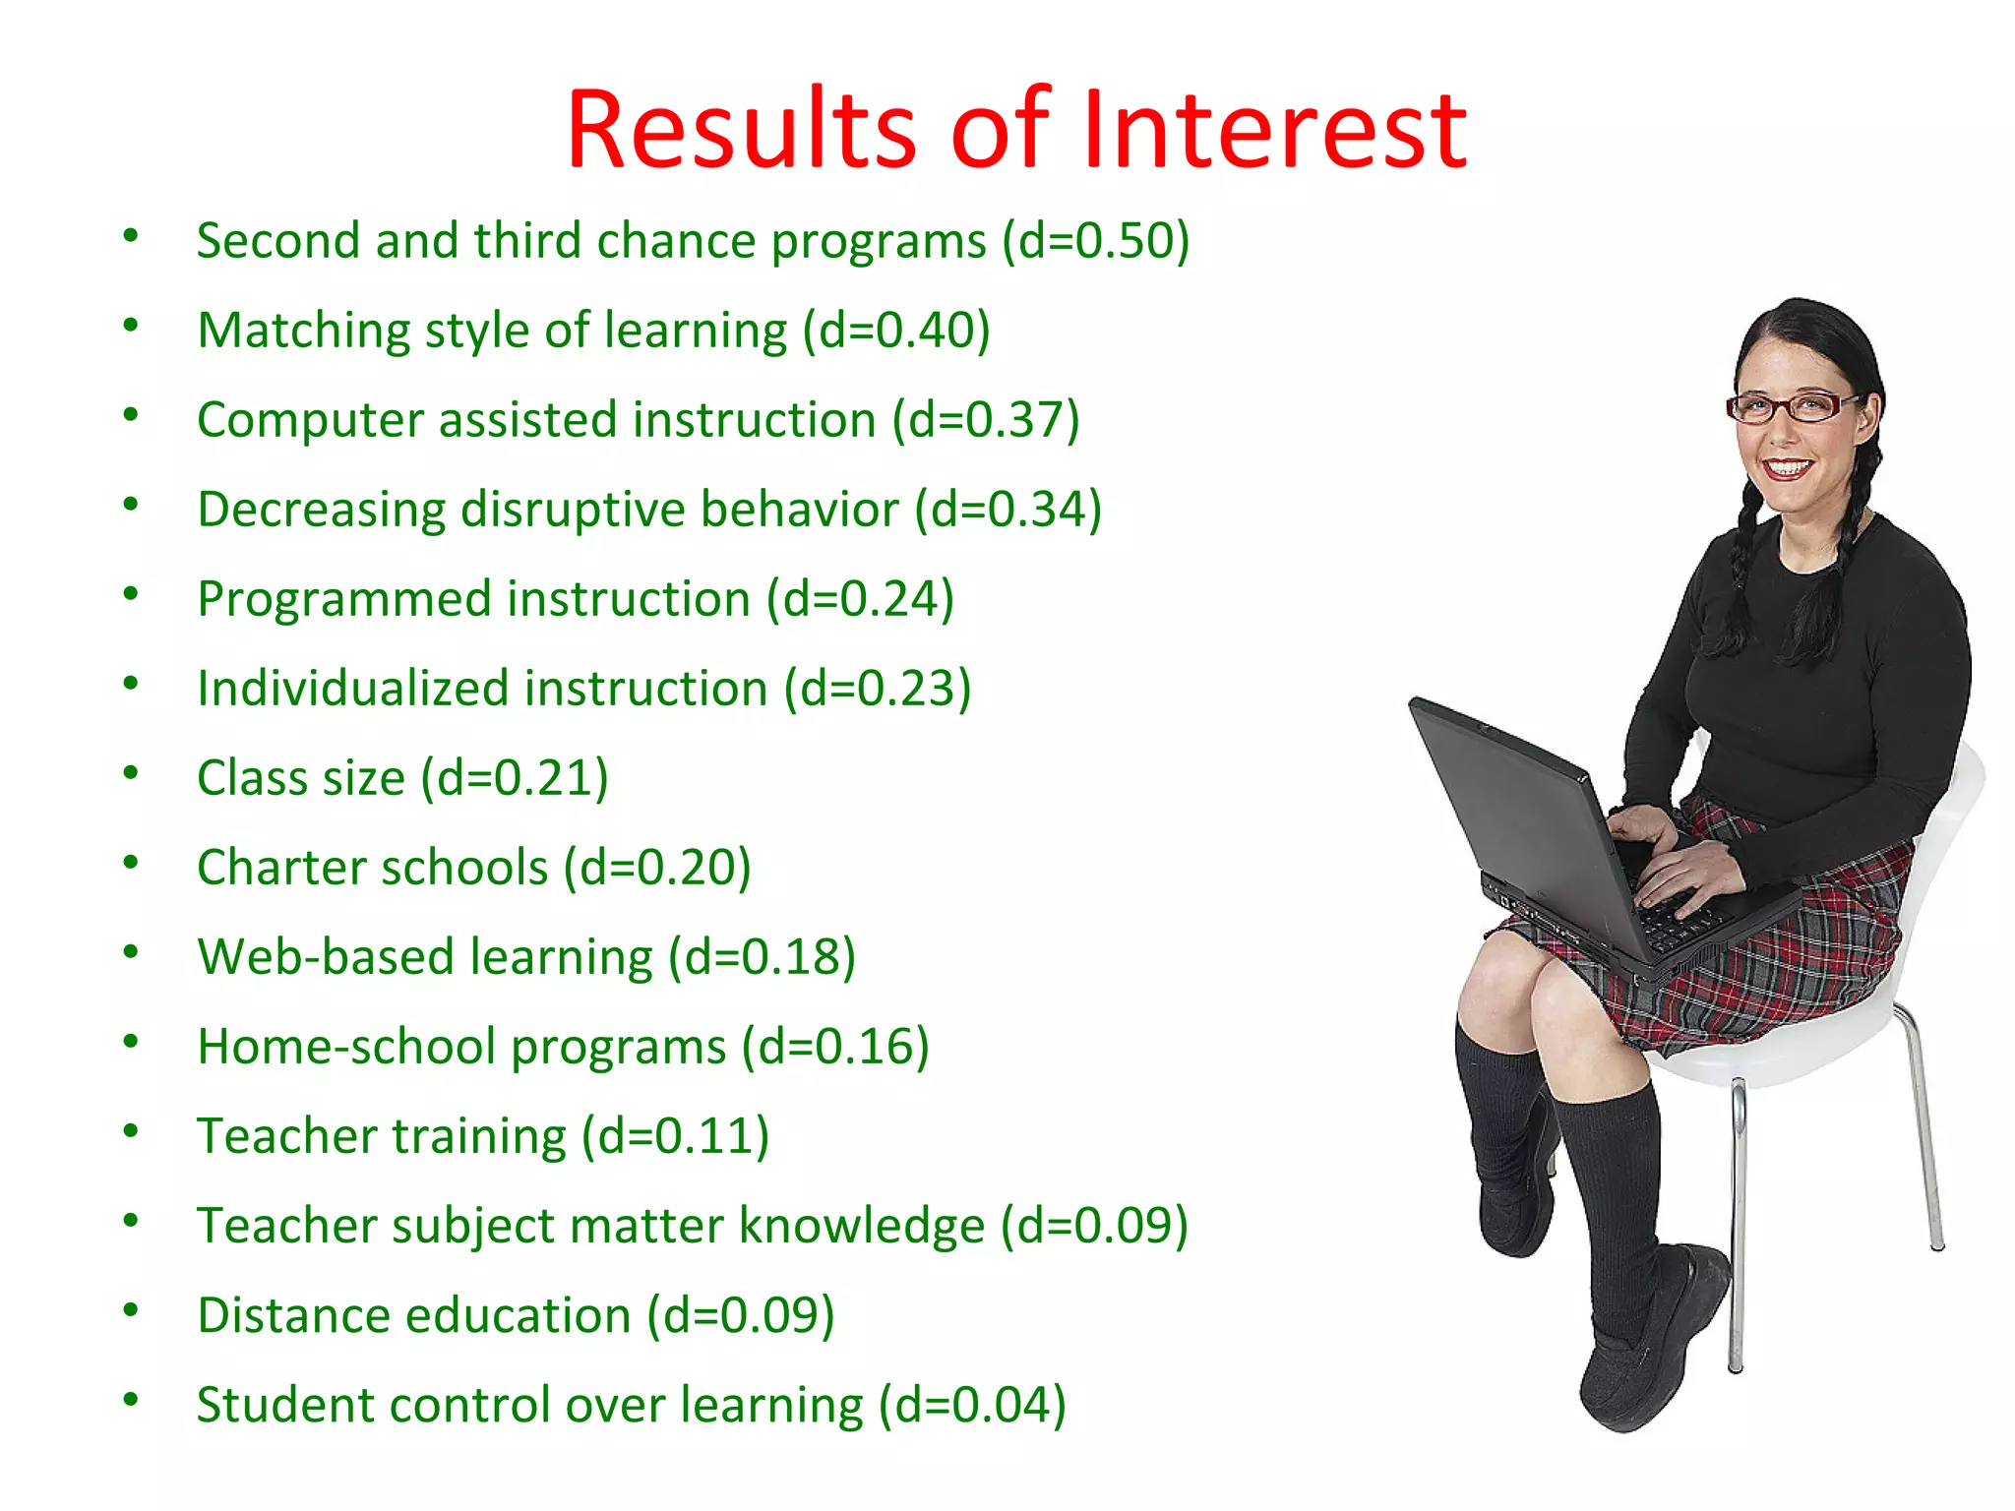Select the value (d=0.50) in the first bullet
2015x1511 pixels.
click(1096, 241)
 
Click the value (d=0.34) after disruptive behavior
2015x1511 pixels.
click(1008, 510)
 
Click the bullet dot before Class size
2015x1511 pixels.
click(131, 773)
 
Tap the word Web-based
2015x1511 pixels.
click(326, 957)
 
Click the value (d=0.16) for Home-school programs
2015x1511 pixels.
click(835, 1047)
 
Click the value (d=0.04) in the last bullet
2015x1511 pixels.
click(972, 1405)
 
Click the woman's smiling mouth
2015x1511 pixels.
click(1786, 468)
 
